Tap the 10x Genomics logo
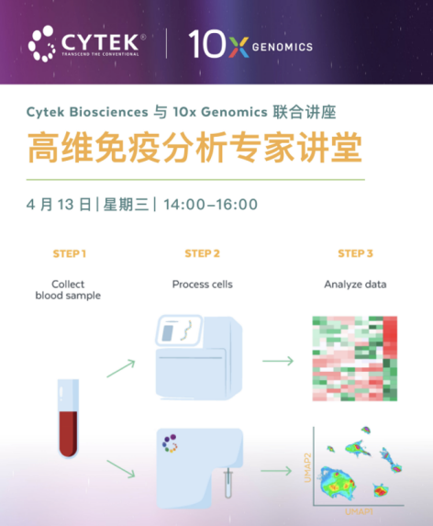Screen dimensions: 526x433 pyautogui.click(x=250, y=43)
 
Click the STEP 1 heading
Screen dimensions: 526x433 pyautogui.click(x=71, y=253)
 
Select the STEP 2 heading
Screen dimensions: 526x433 pyautogui.click(x=202, y=253)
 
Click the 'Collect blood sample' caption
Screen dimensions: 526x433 pyautogui.click(x=68, y=290)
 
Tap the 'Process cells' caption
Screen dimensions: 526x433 pyautogui.click(x=203, y=285)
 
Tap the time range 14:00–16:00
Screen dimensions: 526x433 pyautogui.click(x=210, y=205)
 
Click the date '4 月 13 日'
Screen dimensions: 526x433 pyautogui.click(x=60, y=205)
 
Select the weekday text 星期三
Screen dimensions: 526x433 pyautogui.click(x=127, y=205)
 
